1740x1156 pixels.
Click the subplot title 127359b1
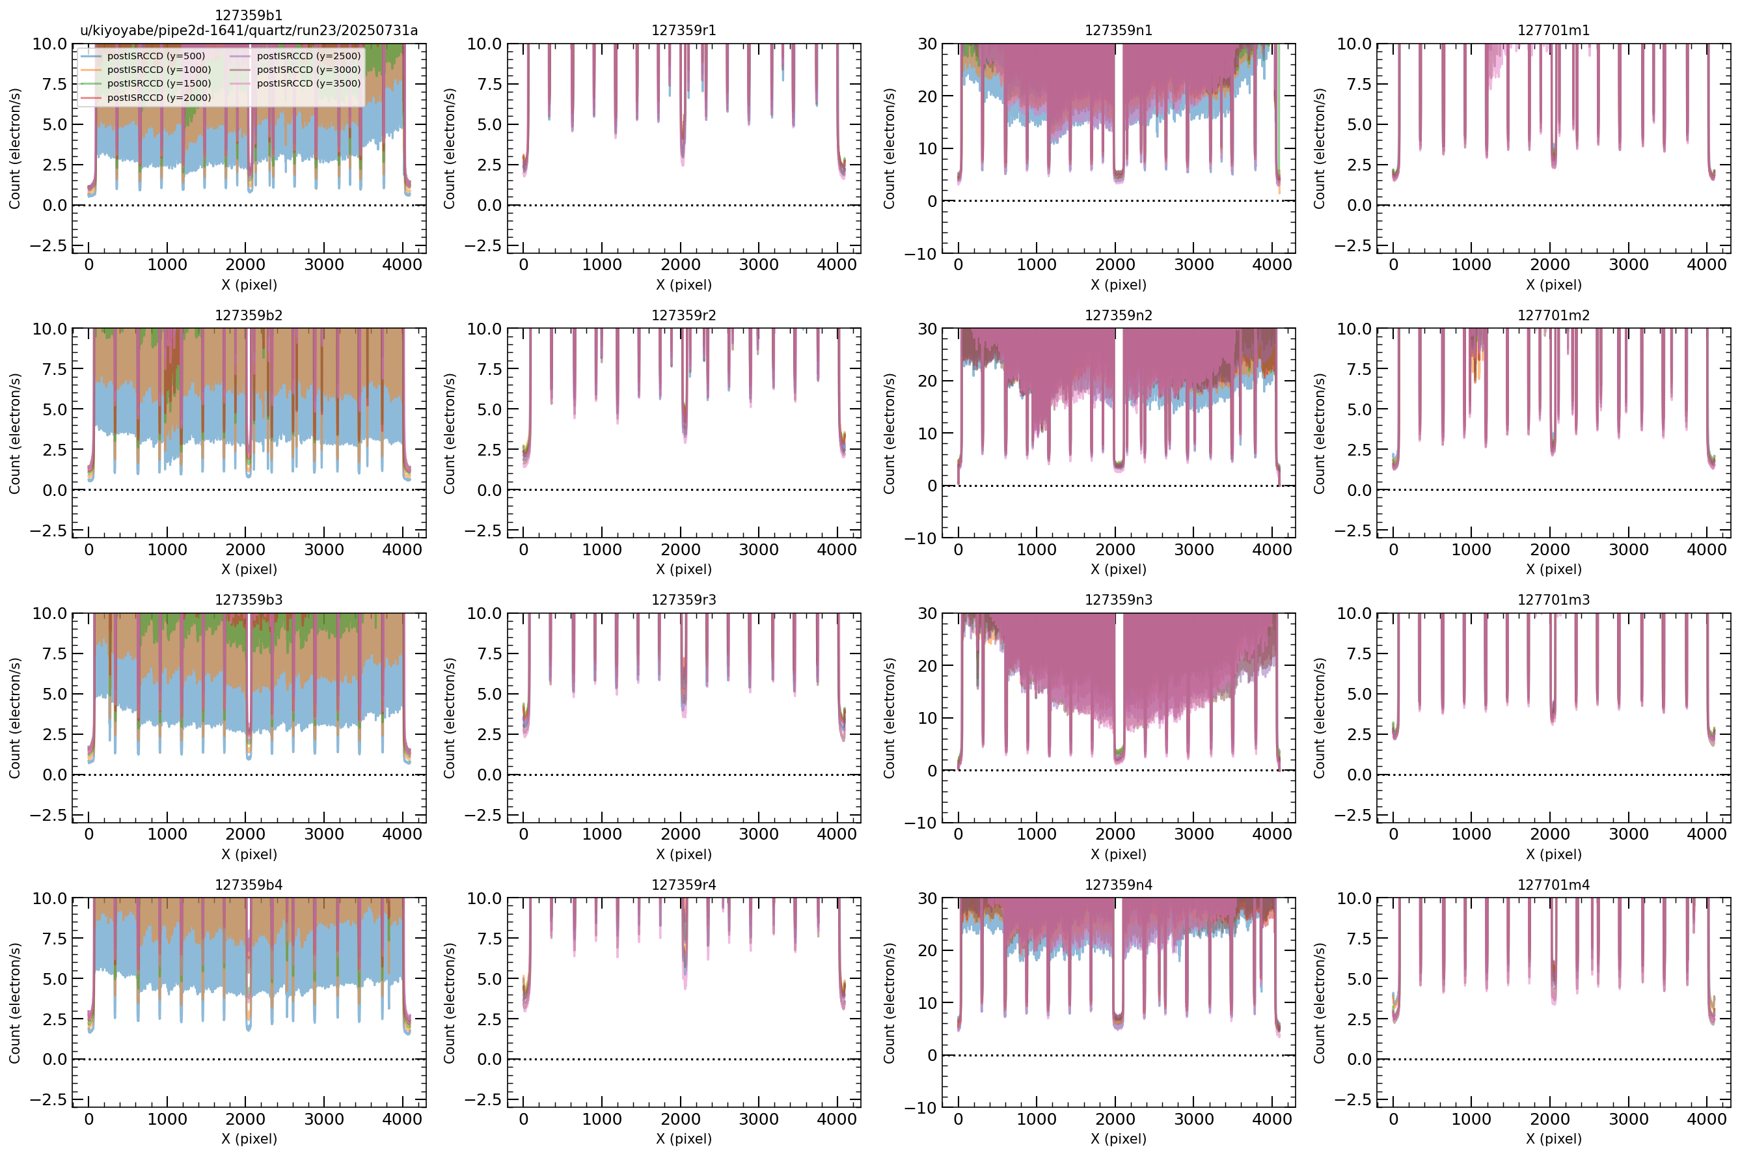249,15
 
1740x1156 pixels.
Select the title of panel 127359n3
1118,599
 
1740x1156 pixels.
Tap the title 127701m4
1553,885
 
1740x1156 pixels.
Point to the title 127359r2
683,315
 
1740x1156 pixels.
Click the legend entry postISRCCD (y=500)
156,56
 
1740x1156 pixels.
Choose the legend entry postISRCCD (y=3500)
308,83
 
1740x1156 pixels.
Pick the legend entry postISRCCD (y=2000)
159,98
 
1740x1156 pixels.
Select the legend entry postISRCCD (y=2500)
308,56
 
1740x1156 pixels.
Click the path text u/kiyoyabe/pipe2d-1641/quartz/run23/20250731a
249,30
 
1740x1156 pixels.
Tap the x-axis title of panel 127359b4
249,1138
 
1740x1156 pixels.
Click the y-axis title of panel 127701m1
1318,148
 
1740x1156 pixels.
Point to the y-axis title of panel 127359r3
449,718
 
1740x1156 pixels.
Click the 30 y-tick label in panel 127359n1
927,44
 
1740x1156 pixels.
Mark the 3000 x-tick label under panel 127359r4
758,1118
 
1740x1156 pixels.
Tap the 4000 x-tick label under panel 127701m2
1706,549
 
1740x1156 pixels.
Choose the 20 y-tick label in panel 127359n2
927,381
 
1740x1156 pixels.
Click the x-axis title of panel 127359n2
1118,569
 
